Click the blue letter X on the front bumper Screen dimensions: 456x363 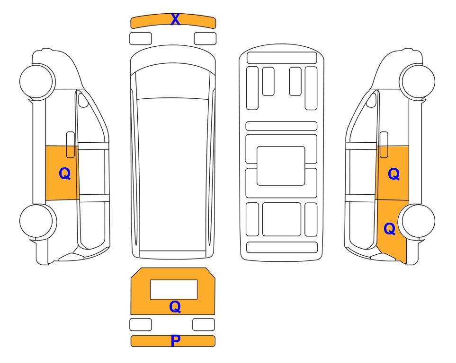coord(175,19)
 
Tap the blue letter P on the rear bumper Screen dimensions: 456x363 coord(176,341)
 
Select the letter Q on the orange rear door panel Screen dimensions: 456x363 coord(175,307)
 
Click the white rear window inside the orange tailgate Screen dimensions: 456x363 coord(174,289)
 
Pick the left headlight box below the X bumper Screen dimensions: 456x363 coord(141,39)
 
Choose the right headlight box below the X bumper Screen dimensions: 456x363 coord(205,39)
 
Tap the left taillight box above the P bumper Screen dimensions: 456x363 coord(141,324)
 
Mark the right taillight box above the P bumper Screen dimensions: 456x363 coord(204,324)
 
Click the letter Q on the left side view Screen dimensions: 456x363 coord(64,173)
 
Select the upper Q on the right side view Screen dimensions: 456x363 coord(394,174)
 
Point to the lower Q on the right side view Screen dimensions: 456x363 coord(389,229)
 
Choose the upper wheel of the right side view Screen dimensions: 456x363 coord(418,82)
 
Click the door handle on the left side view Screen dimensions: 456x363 coord(71,145)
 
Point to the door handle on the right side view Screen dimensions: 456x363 coord(384,145)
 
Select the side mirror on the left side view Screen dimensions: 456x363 coord(83,100)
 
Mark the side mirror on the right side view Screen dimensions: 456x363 coord(371,100)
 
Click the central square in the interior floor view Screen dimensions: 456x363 coord(281,166)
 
